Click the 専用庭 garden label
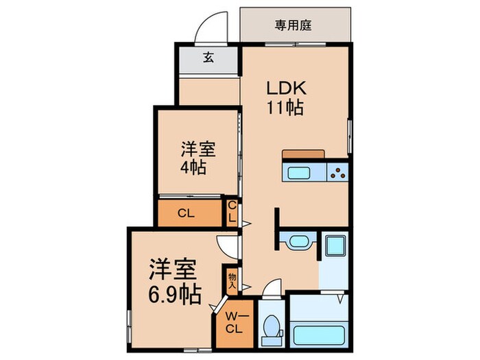(x=293, y=25)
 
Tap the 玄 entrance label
(x=208, y=57)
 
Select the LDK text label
(x=286, y=88)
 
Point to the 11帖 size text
(x=285, y=108)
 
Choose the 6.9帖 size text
(x=175, y=294)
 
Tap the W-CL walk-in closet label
(x=235, y=322)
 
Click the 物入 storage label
(x=232, y=281)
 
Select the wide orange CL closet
(x=190, y=213)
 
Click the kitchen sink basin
(x=298, y=173)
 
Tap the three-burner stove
(x=337, y=173)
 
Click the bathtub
(x=319, y=335)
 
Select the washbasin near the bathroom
(x=298, y=241)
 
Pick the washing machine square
(x=335, y=245)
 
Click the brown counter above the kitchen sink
(x=303, y=154)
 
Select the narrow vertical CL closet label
(x=232, y=211)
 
